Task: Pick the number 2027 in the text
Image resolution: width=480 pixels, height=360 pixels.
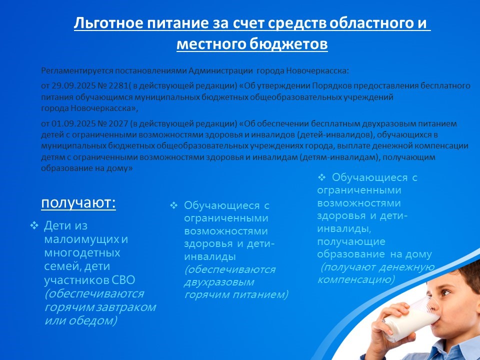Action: tap(118, 123)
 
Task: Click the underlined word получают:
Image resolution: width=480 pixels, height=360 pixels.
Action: tap(78, 203)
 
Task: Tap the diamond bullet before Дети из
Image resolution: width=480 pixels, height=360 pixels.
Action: tap(34, 225)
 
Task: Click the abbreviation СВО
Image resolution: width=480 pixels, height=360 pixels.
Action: tap(123, 280)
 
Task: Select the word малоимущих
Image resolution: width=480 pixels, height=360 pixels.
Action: tap(81, 239)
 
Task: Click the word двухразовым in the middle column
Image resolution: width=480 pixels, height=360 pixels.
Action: tap(219, 282)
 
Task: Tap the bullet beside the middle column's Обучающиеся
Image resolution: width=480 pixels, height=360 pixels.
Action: tap(173, 205)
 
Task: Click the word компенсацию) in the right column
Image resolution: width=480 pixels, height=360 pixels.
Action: tap(356, 279)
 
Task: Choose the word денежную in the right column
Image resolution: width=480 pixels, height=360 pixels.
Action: tap(407, 267)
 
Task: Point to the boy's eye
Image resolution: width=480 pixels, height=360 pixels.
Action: tap(445, 292)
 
